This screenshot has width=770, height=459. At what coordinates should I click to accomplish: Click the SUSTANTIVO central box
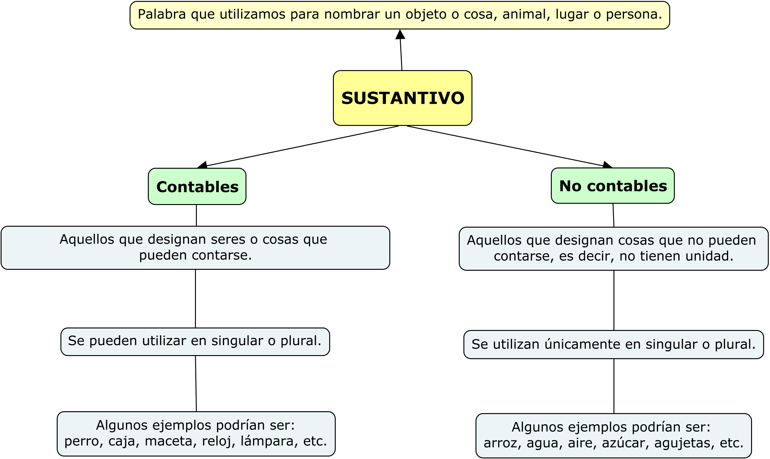[x=402, y=98]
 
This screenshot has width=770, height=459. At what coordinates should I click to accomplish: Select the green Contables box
[x=197, y=186]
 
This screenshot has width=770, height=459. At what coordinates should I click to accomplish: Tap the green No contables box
[x=613, y=186]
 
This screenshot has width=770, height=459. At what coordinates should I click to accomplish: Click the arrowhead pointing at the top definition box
[x=400, y=34]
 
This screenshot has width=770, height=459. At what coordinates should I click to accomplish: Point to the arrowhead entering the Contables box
[x=202, y=165]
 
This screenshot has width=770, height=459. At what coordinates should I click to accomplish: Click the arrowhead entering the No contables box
[x=608, y=165]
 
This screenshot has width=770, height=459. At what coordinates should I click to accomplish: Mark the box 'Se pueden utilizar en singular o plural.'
[x=195, y=342]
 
